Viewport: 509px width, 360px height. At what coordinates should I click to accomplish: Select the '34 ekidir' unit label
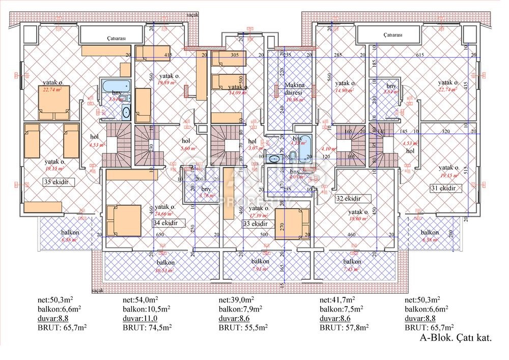166,223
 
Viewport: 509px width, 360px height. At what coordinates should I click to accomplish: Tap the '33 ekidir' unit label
256,224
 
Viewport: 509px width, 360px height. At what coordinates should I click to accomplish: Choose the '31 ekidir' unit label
442,188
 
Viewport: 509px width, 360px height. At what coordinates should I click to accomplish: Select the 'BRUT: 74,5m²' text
147,327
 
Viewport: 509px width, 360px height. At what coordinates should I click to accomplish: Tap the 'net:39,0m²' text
236,300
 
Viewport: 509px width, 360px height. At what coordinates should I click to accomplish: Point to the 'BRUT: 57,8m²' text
344,327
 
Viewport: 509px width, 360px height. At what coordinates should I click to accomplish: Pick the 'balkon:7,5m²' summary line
341,309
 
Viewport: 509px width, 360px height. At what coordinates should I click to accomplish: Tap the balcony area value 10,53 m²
165,269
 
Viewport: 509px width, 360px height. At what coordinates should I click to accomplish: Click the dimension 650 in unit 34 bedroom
159,235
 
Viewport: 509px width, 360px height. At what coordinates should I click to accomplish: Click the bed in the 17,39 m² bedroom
292,224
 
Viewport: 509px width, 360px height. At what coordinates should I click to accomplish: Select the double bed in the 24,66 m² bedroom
124,220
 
